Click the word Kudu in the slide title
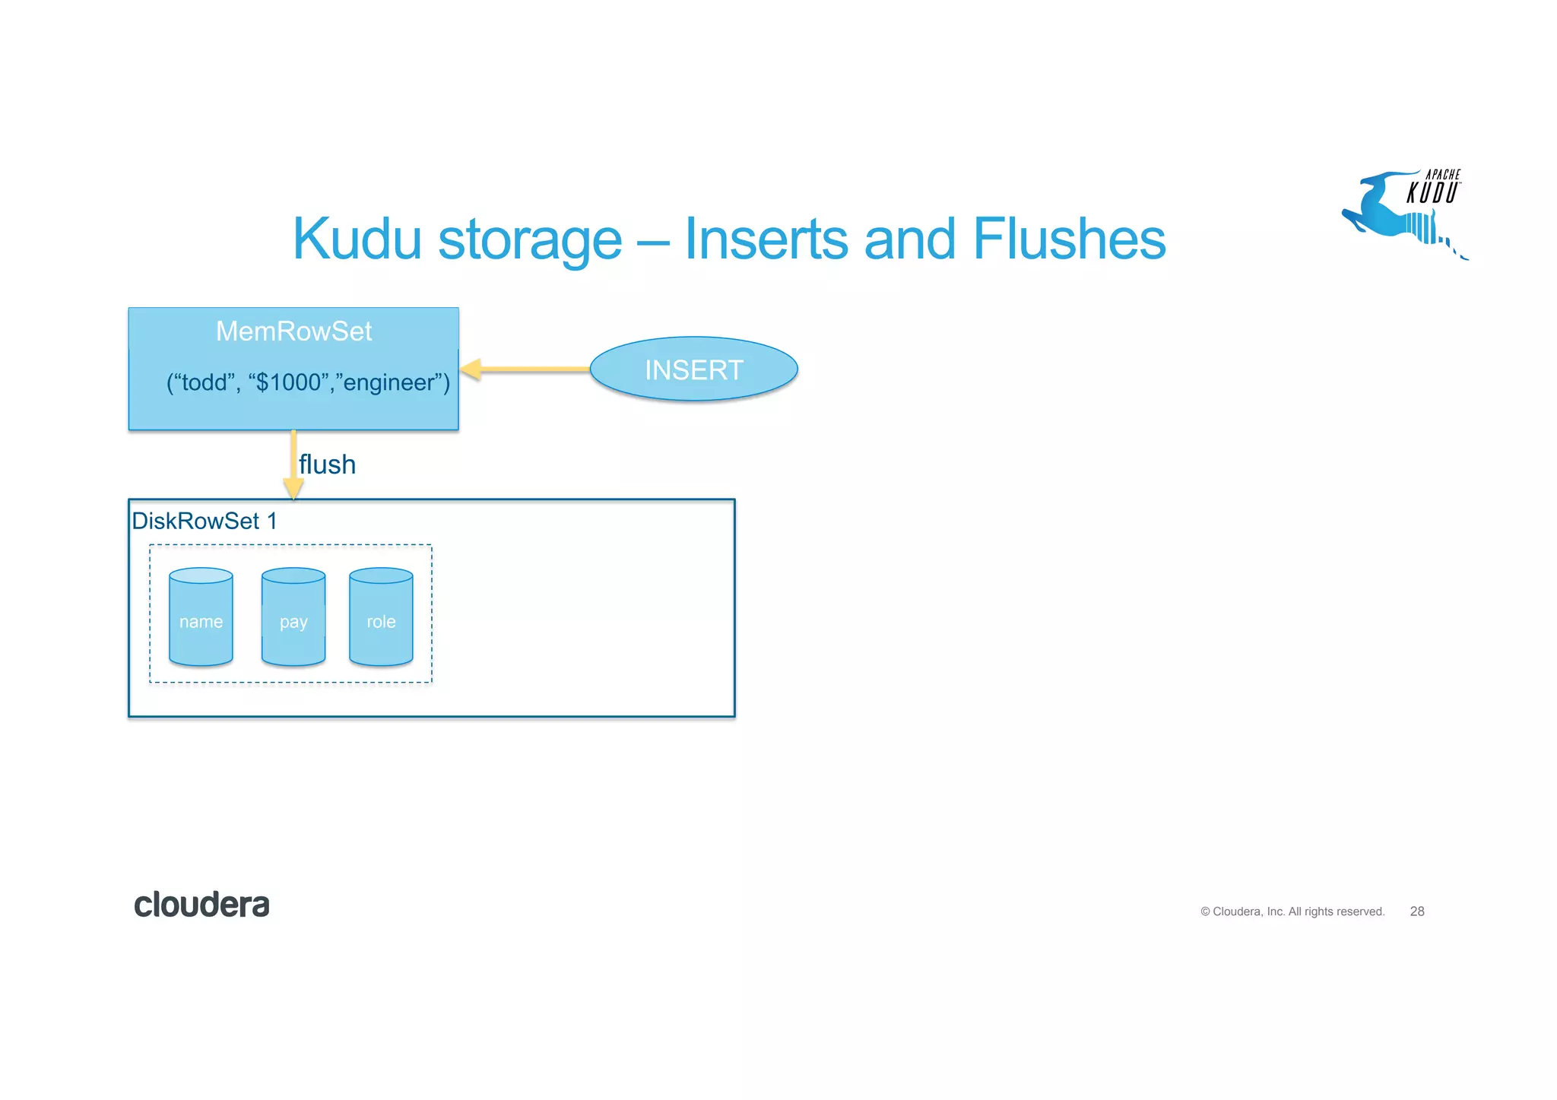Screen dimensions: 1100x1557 [357, 239]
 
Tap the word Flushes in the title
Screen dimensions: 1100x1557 [1068, 239]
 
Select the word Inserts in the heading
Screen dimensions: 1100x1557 [766, 239]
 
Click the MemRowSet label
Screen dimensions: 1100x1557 [293, 331]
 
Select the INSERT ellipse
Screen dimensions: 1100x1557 [693, 369]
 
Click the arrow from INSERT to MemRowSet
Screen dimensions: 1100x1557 [532, 369]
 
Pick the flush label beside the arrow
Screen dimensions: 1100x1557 [327, 464]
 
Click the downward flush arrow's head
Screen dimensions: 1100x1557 [293, 489]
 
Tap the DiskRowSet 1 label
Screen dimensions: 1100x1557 [204, 521]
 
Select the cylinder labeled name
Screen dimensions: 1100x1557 [201, 617]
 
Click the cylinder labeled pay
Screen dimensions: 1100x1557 [293, 617]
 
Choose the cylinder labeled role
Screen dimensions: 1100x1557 [381, 617]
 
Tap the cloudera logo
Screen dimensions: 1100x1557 [201, 905]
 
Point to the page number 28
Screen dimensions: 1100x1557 [1416, 911]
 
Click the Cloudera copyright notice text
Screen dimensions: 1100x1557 [1292, 911]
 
